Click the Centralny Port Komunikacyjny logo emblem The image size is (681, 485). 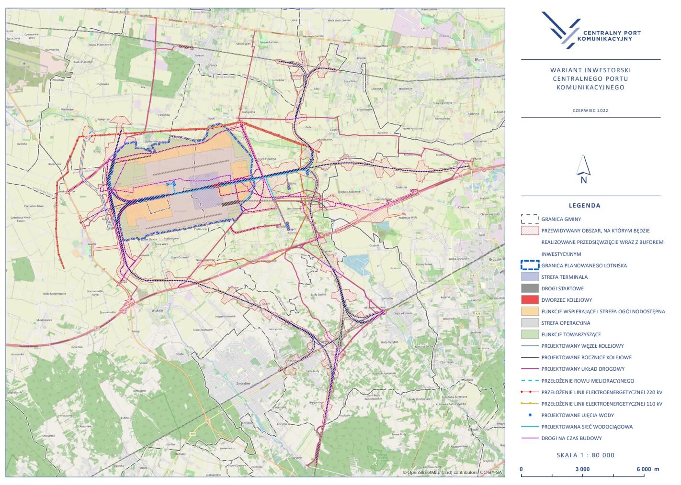click(560, 30)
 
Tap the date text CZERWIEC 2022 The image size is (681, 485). click(590, 110)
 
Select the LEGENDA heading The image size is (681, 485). click(584, 206)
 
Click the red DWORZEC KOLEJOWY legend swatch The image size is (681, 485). click(530, 300)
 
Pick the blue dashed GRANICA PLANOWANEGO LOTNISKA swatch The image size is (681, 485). click(530, 265)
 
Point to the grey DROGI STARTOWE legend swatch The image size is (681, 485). click(530, 288)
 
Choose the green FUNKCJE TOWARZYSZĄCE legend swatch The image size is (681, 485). click(530, 334)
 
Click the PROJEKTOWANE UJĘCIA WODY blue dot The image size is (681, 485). click(530, 415)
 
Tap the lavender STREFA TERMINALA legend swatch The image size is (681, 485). click(530, 277)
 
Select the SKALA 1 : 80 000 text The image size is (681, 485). click(585, 455)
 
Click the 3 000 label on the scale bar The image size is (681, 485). click(582, 469)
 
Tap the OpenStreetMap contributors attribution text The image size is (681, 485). click(453, 473)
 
